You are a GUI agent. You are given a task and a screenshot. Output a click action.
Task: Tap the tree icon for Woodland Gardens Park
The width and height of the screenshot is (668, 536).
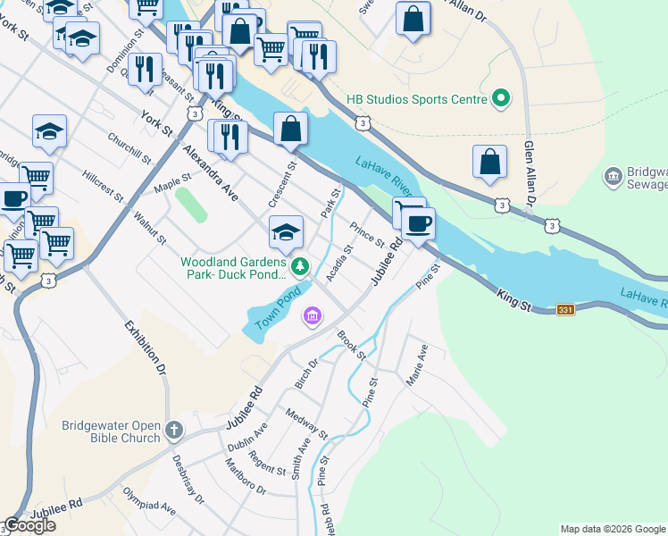tap(301, 264)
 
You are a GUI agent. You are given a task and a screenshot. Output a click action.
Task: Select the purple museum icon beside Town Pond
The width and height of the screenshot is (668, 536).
tap(312, 316)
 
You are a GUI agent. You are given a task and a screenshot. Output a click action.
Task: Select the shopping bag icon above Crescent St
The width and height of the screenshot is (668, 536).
tap(290, 128)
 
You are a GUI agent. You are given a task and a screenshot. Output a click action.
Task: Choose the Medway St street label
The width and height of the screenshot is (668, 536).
tap(307, 424)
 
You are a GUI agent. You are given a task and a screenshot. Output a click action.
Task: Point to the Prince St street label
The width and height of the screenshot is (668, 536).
tap(367, 235)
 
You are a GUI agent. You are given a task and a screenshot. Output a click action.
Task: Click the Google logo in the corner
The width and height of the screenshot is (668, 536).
tap(29, 525)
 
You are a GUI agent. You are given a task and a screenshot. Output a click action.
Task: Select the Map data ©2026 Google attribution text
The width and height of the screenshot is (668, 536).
tap(612, 529)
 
